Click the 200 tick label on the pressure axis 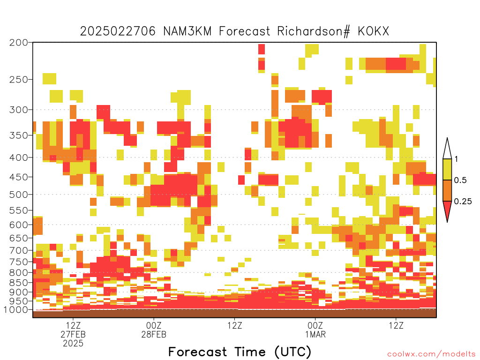pyautogui.click(x=19, y=43)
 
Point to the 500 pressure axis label pyautogui.click(x=19, y=195)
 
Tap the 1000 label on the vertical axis pyautogui.click(x=16, y=310)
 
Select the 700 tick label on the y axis pyautogui.click(x=19, y=251)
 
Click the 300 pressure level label pyautogui.click(x=19, y=110)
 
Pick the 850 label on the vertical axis pyautogui.click(x=19, y=283)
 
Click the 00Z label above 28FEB pyautogui.click(x=154, y=325)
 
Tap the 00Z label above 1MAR pyautogui.click(x=315, y=325)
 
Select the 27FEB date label pyautogui.click(x=73, y=334)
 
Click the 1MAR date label pyautogui.click(x=315, y=334)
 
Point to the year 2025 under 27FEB pyautogui.click(x=73, y=344)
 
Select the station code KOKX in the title pyautogui.click(x=374, y=31)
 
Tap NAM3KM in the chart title pyautogui.click(x=187, y=31)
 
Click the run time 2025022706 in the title pyautogui.click(x=118, y=31)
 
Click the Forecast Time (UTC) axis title pyautogui.click(x=240, y=352)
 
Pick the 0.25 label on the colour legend pyautogui.click(x=463, y=202)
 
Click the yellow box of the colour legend pyautogui.click(x=447, y=169)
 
